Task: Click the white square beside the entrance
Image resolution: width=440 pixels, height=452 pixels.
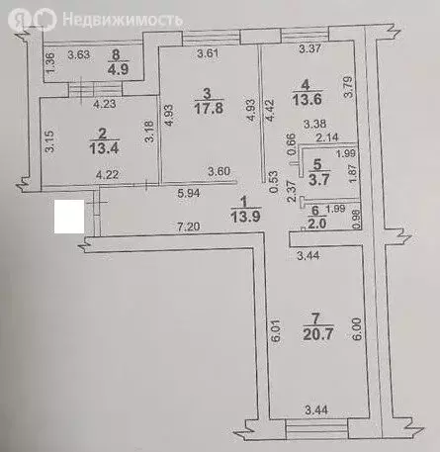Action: (68, 217)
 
